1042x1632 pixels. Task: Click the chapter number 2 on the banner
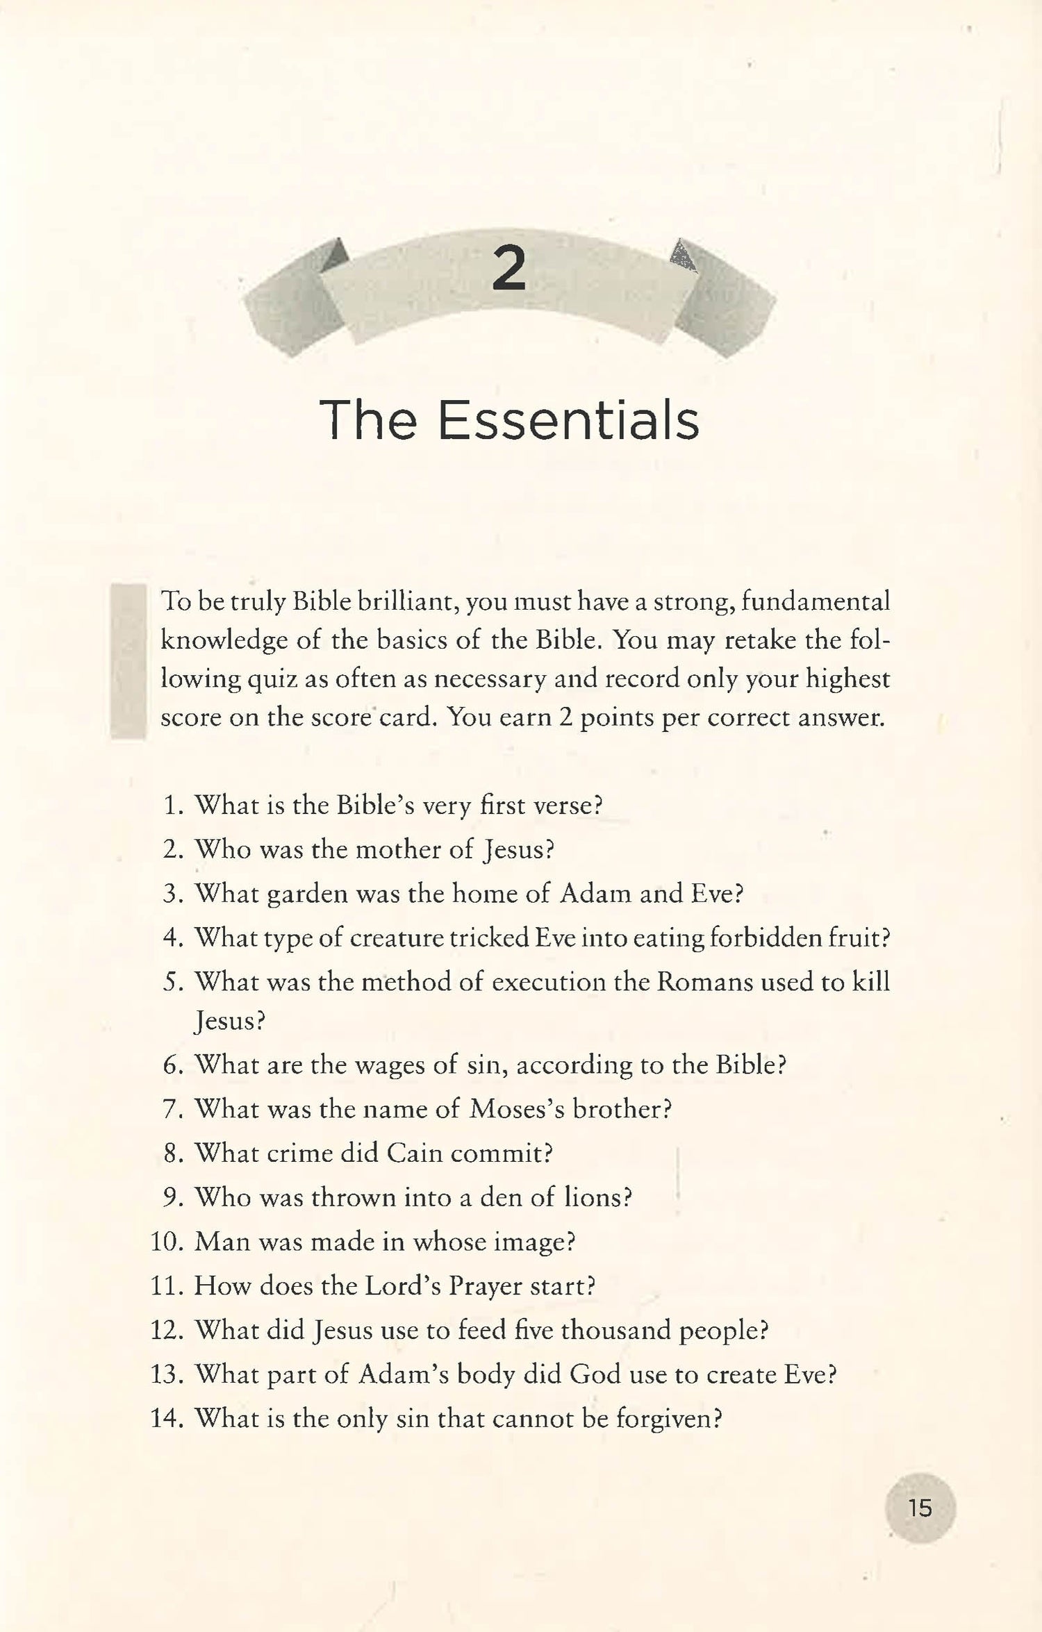(508, 269)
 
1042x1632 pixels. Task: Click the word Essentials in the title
(568, 421)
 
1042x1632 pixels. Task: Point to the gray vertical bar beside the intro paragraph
(128, 660)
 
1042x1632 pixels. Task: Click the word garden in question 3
(306, 894)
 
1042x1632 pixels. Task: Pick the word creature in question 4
(396, 938)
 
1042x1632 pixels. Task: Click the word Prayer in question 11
(485, 1286)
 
